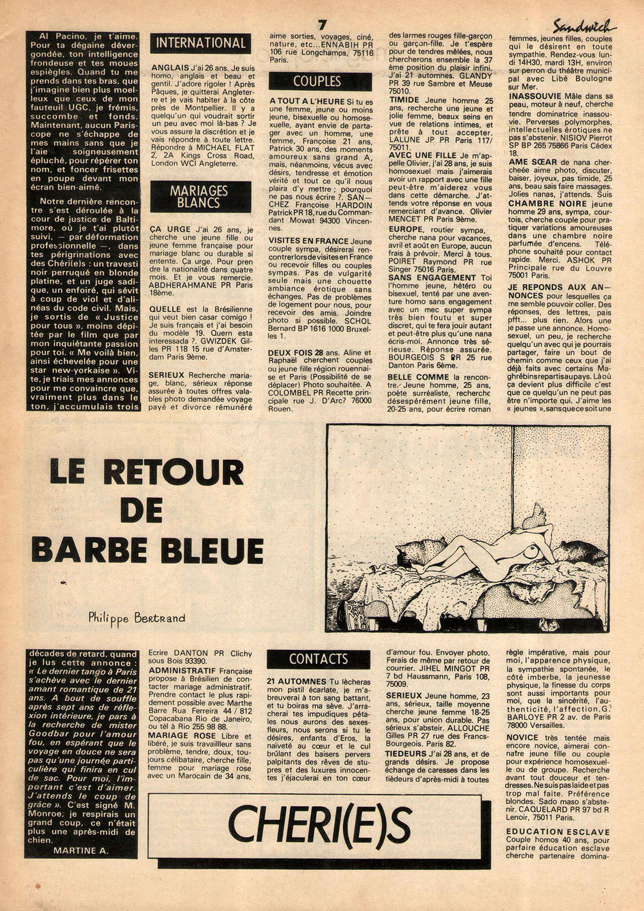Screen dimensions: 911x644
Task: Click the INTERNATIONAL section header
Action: point(200,43)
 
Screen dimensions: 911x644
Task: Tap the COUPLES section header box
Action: point(317,81)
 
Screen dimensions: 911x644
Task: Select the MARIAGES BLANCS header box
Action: point(201,196)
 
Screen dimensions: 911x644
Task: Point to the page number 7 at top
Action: point(321,25)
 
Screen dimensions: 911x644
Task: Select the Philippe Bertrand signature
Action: point(137,618)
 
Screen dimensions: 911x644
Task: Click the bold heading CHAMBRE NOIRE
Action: point(540,204)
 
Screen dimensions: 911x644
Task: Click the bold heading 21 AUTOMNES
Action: point(296,682)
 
